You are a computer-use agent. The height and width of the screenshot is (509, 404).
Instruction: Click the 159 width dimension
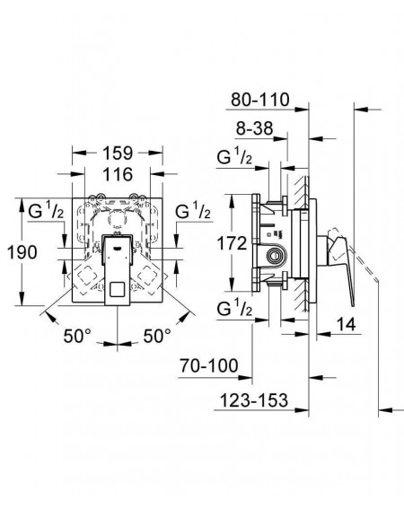[118, 154]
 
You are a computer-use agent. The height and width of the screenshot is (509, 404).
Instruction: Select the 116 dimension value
[118, 174]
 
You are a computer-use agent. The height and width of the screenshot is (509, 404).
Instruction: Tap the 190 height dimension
[22, 252]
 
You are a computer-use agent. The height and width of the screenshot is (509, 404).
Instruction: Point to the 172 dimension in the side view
[232, 243]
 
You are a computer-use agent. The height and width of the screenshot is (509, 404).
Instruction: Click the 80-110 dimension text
[260, 100]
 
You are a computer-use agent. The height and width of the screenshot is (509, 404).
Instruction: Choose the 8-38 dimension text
[255, 128]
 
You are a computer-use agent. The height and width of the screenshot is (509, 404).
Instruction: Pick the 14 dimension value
[346, 324]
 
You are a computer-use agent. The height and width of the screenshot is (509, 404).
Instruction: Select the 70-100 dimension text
[209, 366]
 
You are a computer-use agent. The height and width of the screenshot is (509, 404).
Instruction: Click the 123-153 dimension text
[254, 400]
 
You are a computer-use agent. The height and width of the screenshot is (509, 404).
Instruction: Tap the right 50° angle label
[157, 336]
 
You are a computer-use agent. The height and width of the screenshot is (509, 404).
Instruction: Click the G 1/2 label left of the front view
[46, 211]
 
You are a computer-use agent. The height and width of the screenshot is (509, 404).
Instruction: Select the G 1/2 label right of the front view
[193, 211]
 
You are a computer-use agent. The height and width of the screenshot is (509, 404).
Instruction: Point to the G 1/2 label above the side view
[234, 157]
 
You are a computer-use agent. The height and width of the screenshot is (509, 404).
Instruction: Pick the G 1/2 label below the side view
[234, 309]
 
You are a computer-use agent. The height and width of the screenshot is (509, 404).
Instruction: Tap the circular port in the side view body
[275, 255]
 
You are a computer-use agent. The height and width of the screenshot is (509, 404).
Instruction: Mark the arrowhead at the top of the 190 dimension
[22, 204]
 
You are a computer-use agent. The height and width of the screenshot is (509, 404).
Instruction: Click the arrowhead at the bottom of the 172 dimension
[232, 285]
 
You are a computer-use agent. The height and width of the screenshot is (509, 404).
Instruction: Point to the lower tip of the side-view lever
[352, 305]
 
